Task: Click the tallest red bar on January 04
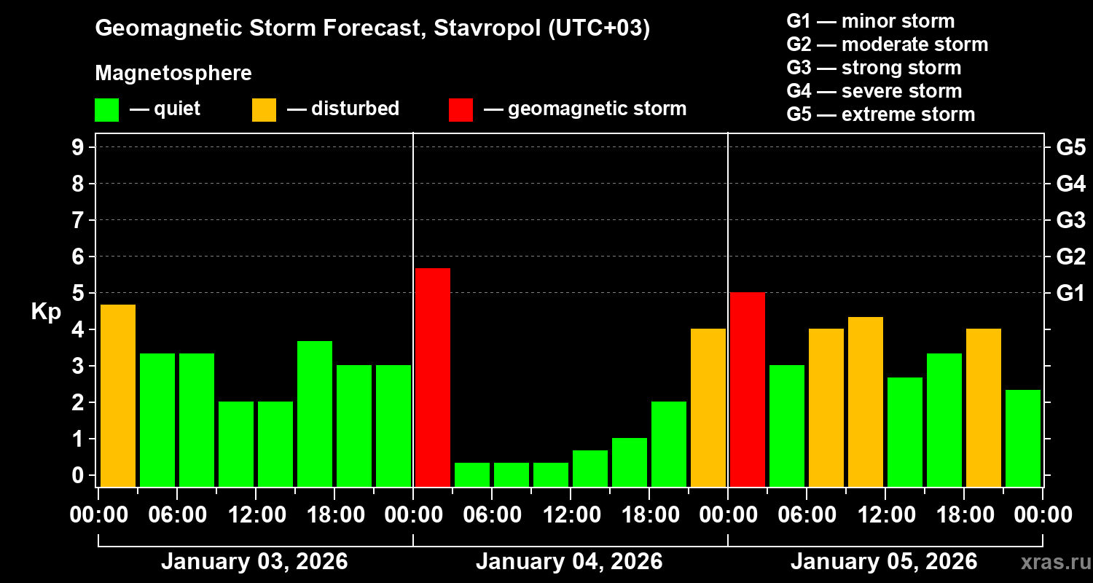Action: point(432,377)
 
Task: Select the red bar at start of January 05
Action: point(747,389)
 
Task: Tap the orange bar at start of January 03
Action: point(117,395)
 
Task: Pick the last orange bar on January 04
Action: point(708,407)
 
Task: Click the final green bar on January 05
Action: point(1022,438)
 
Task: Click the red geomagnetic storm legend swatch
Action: point(461,109)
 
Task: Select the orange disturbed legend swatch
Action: point(264,109)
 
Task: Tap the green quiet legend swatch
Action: point(106,109)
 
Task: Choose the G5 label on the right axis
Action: point(1070,147)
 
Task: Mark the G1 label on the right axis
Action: point(1070,293)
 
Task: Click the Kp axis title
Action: point(46,311)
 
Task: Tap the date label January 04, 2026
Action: point(569,562)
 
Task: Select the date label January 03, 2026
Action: point(254,562)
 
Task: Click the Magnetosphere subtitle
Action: point(173,73)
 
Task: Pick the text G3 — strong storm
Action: point(874,68)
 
